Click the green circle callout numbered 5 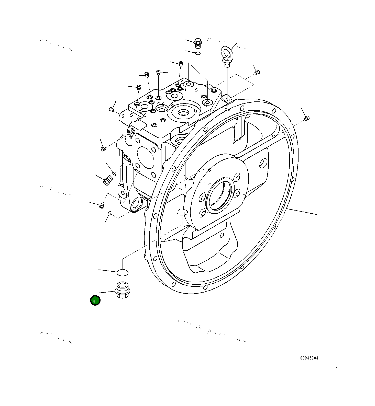coord(95,300)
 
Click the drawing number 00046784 coord(309,358)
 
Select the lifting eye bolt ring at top coord(227,53)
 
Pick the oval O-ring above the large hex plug coord(123,273)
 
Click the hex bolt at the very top coord(198,43)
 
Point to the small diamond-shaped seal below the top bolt coord(197,53)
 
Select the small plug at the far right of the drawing coord(307,118)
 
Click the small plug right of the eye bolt coord(257,73)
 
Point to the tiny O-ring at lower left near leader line coord(109,213)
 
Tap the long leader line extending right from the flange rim coord(302,212)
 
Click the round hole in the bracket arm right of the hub coord(263,163)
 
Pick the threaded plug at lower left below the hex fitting coord(101,205)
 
